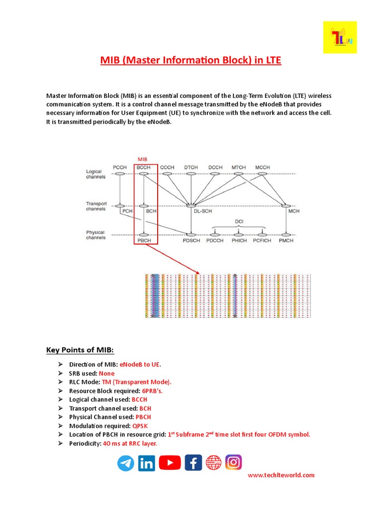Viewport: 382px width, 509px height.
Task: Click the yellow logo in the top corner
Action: [340, 37]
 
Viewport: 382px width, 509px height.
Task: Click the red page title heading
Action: [191, 61]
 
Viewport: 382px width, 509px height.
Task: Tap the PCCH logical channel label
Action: [120, 168]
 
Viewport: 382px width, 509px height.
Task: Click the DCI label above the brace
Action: [240, 221]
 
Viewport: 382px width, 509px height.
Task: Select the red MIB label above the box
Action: [143, 159]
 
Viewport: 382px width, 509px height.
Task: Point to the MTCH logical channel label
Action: [239, 168]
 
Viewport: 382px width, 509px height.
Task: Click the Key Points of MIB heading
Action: [80, 350]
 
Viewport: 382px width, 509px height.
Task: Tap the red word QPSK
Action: [140, 426]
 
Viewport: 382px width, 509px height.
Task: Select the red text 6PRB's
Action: [152, 391]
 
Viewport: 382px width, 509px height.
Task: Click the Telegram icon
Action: [126, 463]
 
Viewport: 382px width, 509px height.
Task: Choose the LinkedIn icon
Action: [147, 463]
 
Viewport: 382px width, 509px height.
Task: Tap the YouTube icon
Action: [170, 463]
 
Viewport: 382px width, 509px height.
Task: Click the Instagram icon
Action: [233, 463]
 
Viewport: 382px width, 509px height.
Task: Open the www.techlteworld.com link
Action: [281, 475]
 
